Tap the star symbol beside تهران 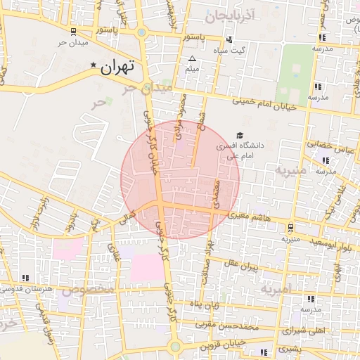click(x=94, y=65)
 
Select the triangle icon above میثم click(x=193, y=58)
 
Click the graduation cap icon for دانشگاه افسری click(x=240, y=135)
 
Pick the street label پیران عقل click(x=240, y=265)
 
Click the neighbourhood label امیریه click(x=275, y=289)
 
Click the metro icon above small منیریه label click(x=290, y=227)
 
